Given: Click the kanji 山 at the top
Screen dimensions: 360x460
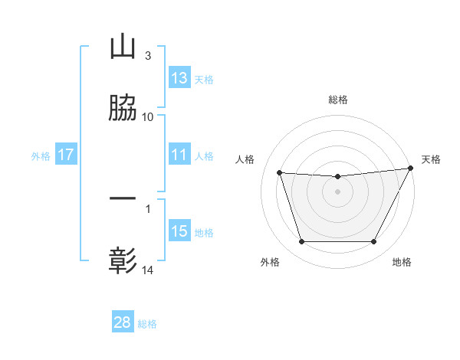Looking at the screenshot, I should pyautogui.click(x=123, y=47).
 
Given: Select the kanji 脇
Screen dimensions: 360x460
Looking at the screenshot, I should pyautogui.click(x=123, y=109).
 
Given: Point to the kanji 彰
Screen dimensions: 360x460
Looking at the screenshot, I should pyautogui.click(x=123, y=261).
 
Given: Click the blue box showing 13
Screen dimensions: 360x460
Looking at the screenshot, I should pyautogui.click(x=179, y=78).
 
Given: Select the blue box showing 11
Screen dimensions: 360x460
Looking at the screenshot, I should pyautogui.click(x=179, y=155).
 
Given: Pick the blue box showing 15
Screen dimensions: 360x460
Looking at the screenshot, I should pyautogui.click(x=179, y=231).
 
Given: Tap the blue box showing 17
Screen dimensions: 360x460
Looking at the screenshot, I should pyautogui.click(x=66, y=155).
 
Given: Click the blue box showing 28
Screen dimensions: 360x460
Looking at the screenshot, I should pyautogui.click(x=123, y=322).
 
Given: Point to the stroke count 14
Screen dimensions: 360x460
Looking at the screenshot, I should pyautogui.click(x=148, y=270).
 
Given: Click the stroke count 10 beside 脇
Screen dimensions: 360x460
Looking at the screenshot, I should pyautogui.click(x=148, y=117).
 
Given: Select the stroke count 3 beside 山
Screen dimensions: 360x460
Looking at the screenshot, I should pyautogui.click(x=148, y=56).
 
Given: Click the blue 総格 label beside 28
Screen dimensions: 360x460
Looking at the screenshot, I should pyautogui.click(x=147, y=324).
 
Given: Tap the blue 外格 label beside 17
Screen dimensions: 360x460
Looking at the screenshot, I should pyautogui.click(x=41, y=156).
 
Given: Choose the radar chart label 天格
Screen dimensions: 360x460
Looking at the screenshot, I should pyautogui.click(x=432, y=159).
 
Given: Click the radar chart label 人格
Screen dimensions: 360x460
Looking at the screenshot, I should pyautogui.click(x=245, y=159).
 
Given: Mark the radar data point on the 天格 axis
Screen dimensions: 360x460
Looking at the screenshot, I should pyautogui.click(x=410, y=169).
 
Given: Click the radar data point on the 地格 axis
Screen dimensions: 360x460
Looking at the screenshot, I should pyautogui.click(x=374, y=242).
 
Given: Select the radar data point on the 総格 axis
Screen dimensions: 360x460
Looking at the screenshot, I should pyautogui.click(x=337, y=177).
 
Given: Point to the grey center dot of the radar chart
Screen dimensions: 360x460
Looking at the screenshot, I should pyautogui.click(x=337, y=191).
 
